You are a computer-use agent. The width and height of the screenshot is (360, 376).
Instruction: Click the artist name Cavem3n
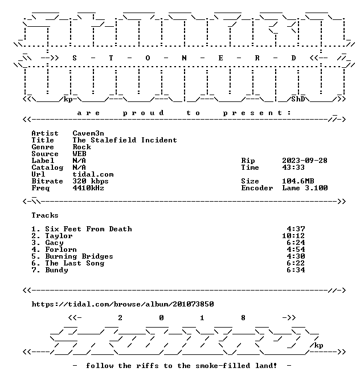88,133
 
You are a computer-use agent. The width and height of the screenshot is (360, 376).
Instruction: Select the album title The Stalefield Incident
125,140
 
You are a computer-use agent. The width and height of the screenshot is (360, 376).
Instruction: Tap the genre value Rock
82,147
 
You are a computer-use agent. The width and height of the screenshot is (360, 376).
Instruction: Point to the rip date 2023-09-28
305,161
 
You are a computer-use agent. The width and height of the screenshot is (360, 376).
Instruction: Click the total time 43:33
293,167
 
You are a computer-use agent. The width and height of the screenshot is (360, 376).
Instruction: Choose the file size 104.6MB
298,181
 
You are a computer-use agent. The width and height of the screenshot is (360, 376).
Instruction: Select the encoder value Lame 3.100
305,188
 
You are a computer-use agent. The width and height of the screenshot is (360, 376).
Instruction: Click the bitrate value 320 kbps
91,181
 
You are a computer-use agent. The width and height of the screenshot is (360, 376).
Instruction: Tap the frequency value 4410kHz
88,188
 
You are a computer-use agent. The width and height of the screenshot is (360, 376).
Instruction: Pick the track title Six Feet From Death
88,229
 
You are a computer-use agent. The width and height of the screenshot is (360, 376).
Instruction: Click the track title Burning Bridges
79,256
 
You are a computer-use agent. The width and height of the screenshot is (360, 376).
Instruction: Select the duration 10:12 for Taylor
293,236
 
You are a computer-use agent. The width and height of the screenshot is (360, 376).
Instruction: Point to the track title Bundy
56,270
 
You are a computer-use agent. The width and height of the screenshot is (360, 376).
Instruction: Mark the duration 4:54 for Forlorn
296,250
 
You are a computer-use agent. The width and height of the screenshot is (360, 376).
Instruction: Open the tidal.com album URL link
122,304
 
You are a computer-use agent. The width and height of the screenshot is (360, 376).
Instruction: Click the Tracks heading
45,215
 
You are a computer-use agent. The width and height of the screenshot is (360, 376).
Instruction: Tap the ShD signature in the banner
298,99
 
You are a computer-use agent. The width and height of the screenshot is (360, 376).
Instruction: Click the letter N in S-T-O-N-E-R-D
184,58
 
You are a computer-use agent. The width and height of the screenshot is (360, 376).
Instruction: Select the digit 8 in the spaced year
243,318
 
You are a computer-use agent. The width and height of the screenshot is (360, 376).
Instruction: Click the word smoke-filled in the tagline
223,366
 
